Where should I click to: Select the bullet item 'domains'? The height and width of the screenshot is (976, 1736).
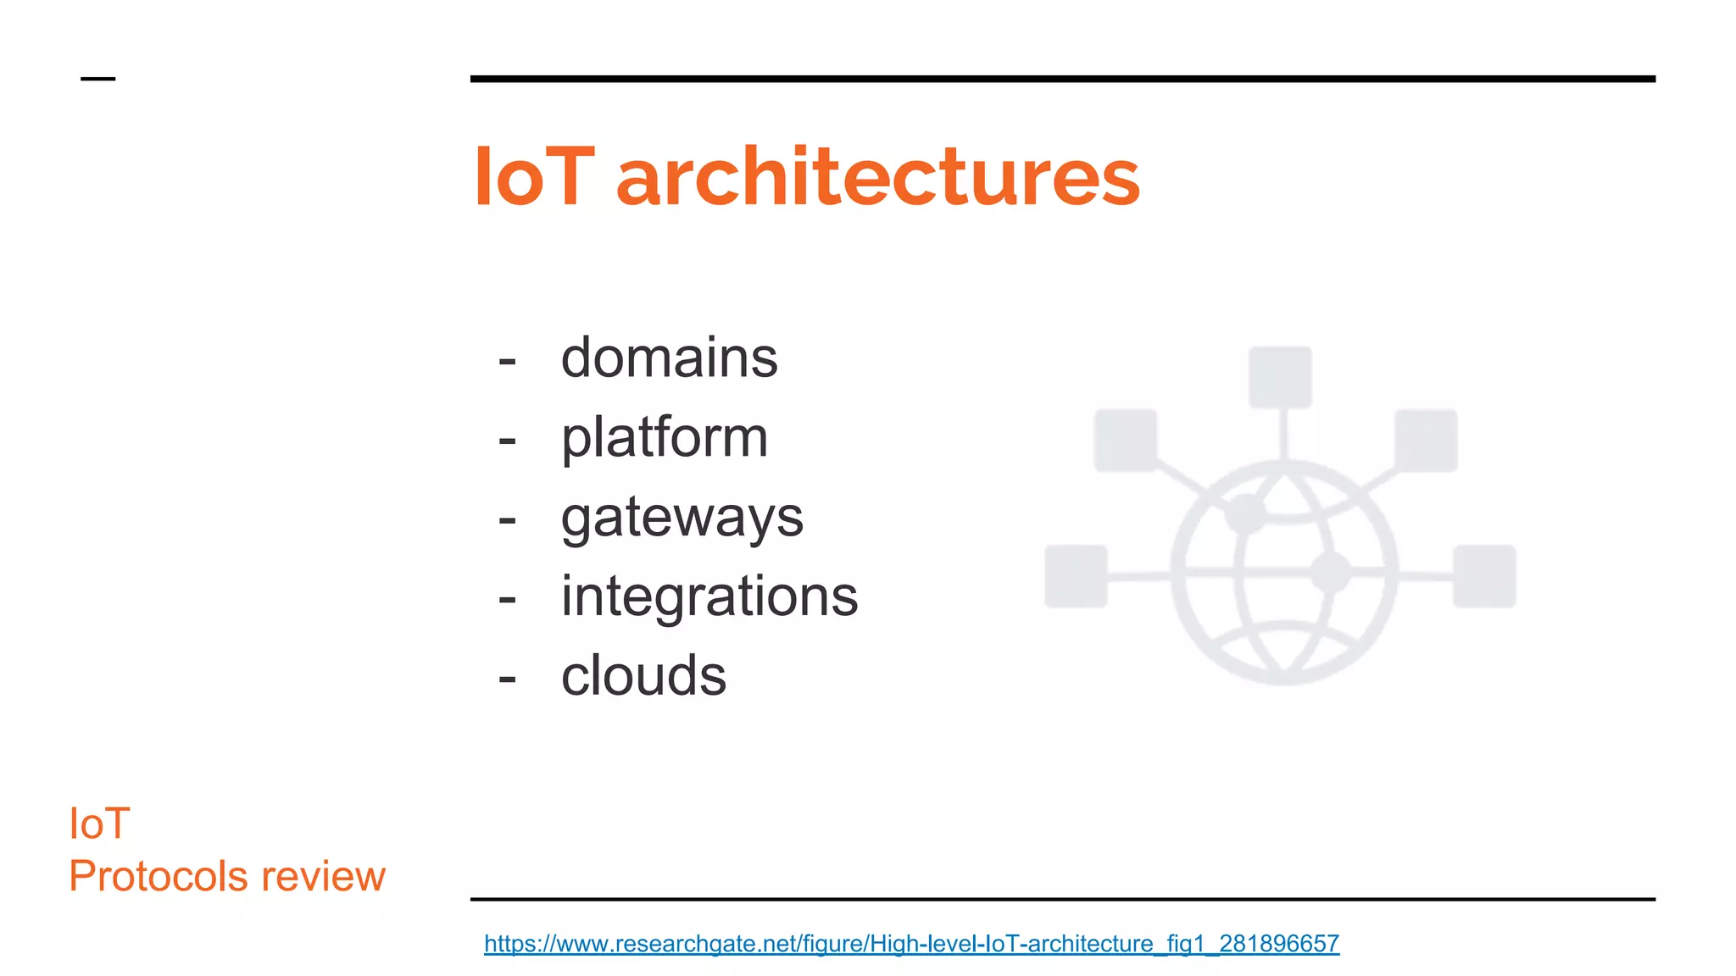pos(669,358)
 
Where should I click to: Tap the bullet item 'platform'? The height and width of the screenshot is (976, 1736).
pos(665,437)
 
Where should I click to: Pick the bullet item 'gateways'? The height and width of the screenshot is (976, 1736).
pos(682,517)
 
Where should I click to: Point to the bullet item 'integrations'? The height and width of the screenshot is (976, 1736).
pos(709,596)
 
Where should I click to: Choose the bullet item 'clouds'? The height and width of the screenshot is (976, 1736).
pos(643,675)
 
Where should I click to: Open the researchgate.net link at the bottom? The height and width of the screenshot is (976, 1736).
pos(911,943)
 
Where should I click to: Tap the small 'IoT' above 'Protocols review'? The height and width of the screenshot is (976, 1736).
pos(99,823)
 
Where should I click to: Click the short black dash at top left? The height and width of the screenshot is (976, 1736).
pos(97,79)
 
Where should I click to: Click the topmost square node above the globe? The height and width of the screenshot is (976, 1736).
pos(1280,377)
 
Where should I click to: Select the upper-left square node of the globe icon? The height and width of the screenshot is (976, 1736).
pos(1126,441)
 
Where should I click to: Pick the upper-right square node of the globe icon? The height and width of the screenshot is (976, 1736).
pos(1426,441)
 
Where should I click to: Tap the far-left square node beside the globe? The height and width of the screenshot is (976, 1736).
pos(1076,576)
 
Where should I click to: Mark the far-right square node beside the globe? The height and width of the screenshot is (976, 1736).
pos(1484,576)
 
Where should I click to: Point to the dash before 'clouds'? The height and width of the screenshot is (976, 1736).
pos(507,679)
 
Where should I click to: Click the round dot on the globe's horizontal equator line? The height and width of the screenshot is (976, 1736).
pos(1330,573)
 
